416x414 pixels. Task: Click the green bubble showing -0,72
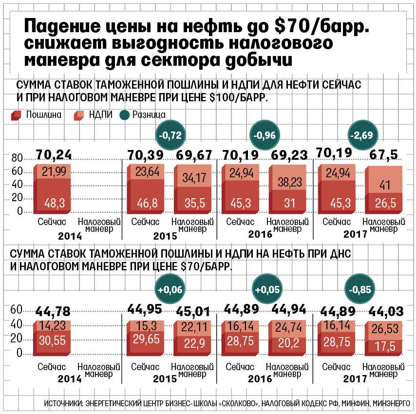171,135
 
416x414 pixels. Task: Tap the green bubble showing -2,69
364,135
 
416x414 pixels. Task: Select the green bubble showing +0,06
170,289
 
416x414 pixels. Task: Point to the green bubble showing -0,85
360,289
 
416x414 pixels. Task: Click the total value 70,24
55,155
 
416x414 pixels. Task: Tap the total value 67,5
385,155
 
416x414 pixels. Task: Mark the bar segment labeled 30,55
55,341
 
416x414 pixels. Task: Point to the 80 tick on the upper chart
17,158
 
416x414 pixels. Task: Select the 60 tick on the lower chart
17,310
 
